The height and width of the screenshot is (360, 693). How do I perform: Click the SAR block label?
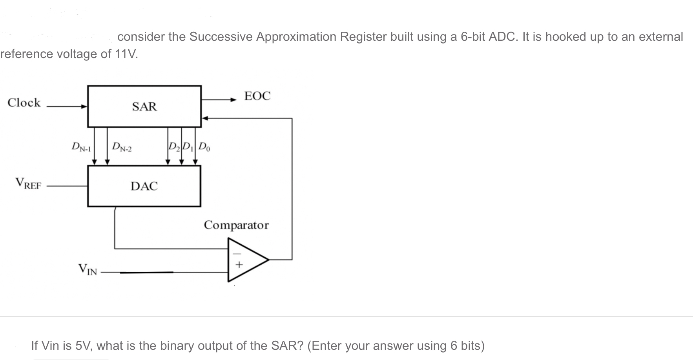[x=144, y=107]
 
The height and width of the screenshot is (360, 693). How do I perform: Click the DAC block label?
[x=144, y=186]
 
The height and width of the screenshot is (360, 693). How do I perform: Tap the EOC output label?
[x=257, y=96]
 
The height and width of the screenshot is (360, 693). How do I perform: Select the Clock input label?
[x=24, y=103]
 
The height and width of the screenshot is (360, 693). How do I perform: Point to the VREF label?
[x=28, y=184]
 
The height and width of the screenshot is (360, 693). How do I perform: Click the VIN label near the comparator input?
[x=88, y=269]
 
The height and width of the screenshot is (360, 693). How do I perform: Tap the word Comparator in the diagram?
[x=236, y=225]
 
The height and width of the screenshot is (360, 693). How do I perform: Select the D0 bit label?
[x=204, y=147]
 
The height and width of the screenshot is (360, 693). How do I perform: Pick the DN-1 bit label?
[x=81, y=147]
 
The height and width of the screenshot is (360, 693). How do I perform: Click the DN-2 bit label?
[x=122, y=147]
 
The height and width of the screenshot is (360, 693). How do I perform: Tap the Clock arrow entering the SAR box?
[x=84, y=106]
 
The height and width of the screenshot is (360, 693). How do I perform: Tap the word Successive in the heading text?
[x=221, y=36]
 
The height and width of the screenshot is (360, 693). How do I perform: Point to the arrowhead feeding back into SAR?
[x=204, y=118]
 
